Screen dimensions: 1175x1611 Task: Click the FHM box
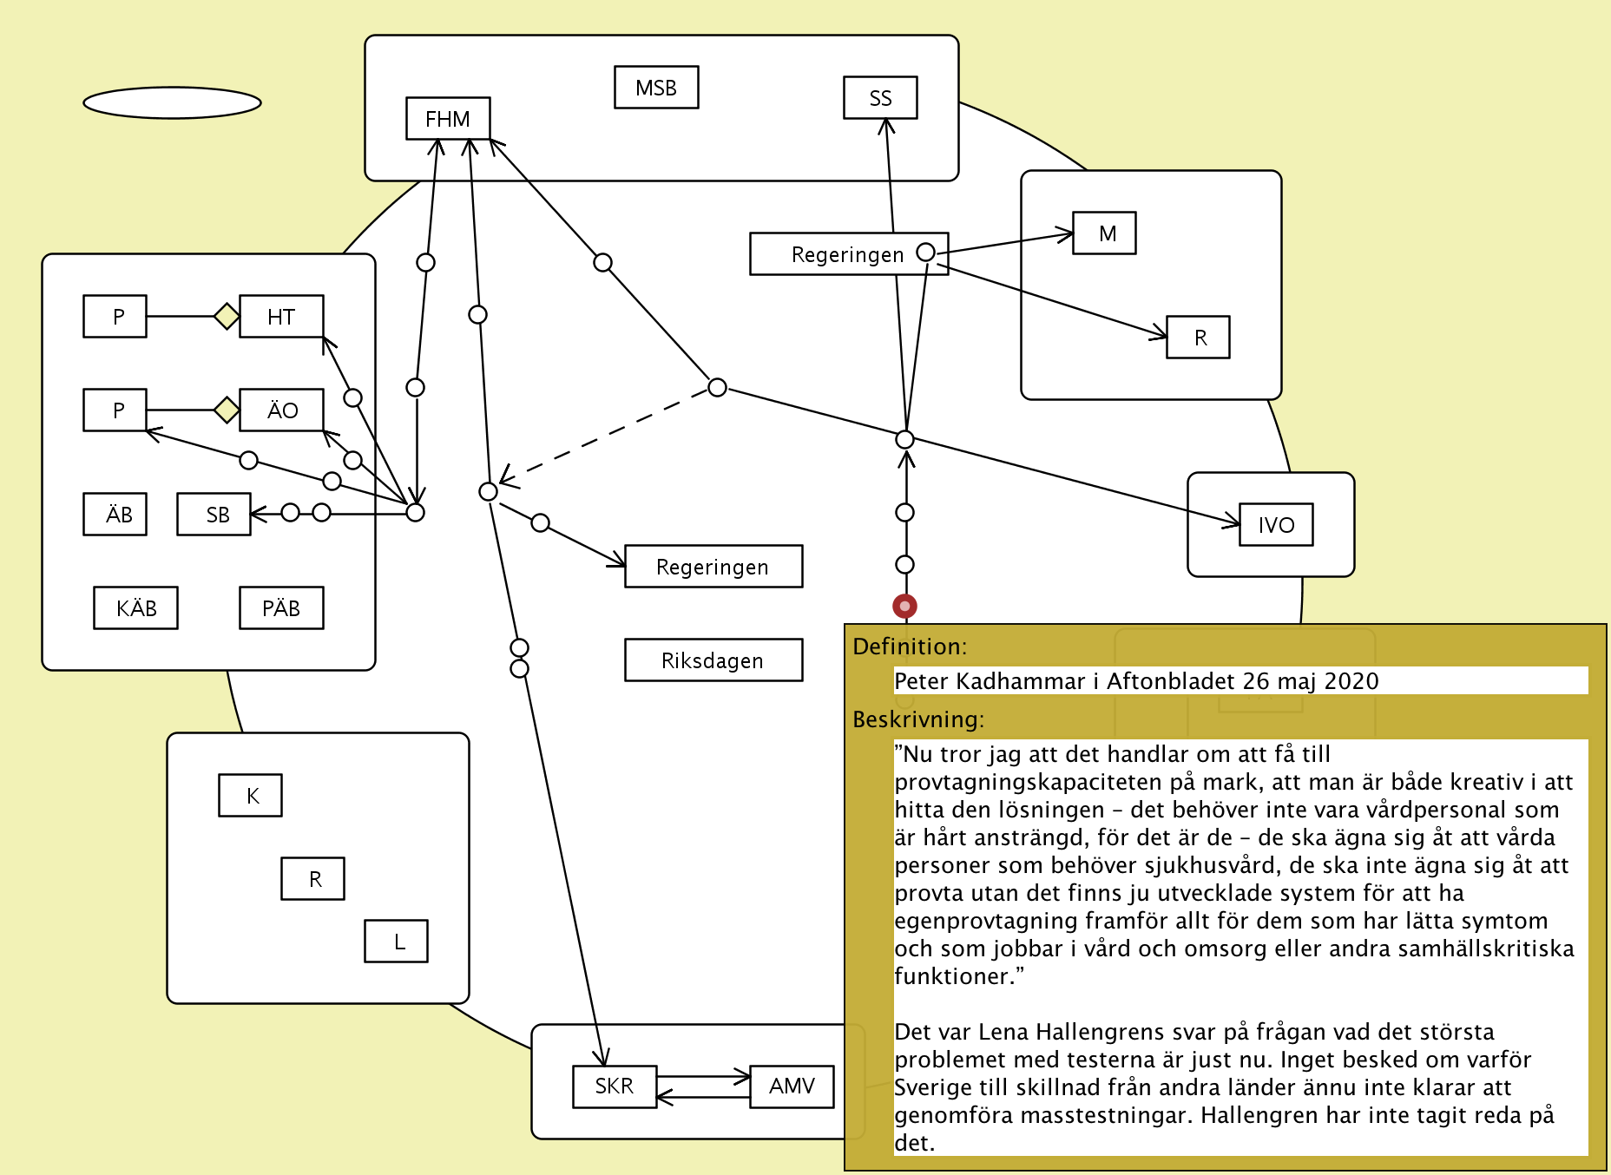448,118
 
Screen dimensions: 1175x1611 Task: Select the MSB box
656,88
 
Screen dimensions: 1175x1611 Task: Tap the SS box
880,98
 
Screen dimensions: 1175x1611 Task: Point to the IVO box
1276,525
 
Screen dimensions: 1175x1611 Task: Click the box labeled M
1104,233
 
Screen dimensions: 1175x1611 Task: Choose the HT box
281,317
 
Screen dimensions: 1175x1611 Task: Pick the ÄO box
281,410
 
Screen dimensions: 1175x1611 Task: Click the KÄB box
135,608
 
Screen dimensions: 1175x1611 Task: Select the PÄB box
281,608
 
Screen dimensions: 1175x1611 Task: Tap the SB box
214,515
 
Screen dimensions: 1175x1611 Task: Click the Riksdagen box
713,660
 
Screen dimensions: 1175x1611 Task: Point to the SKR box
615,1086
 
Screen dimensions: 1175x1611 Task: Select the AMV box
792,1086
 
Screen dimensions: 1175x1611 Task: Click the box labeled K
250,796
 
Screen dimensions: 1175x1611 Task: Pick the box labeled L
396,942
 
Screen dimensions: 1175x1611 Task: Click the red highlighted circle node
904,606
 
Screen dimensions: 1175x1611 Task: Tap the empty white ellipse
172,102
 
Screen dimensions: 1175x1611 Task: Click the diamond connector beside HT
227,317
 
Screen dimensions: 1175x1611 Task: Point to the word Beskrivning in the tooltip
917,719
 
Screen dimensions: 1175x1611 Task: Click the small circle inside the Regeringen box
925,252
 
